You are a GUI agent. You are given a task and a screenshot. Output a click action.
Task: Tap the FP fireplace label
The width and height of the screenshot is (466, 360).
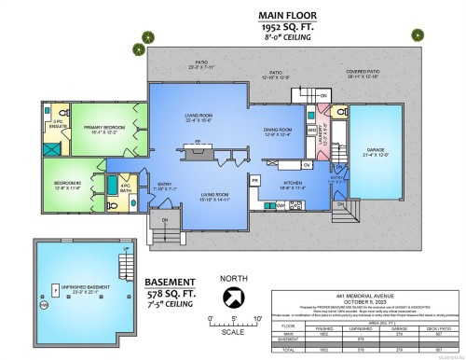pyautogui.click(x=185, y=144)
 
